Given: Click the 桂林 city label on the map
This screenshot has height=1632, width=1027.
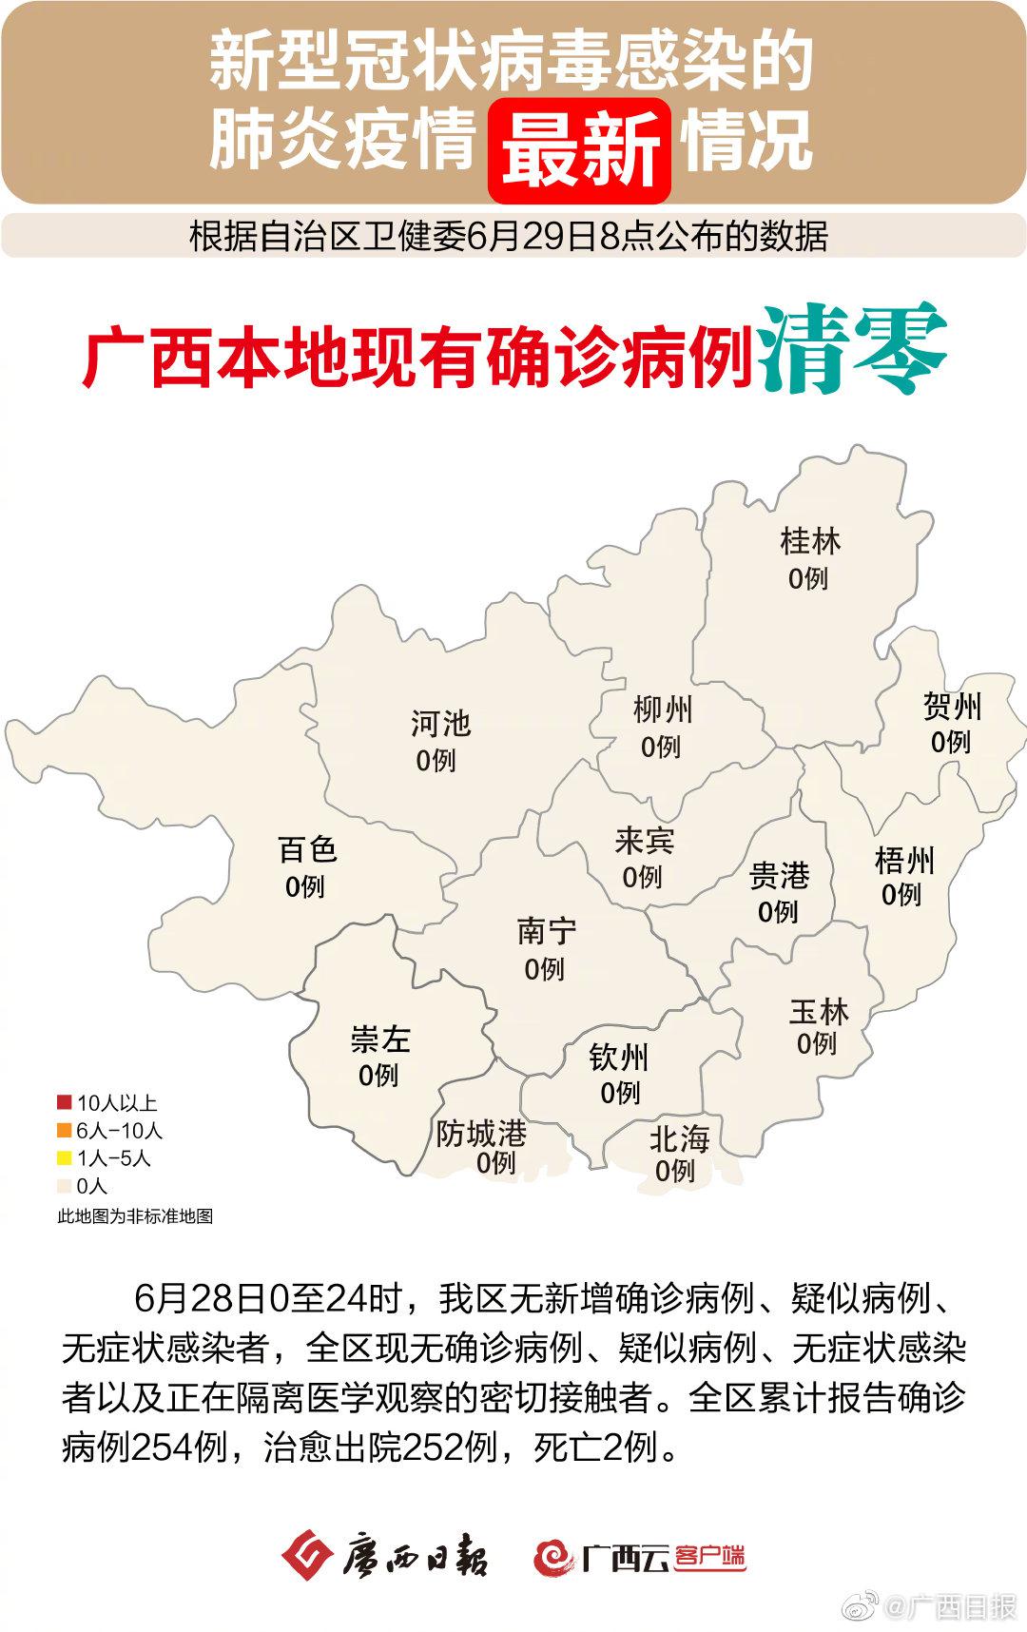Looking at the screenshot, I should point(810,542).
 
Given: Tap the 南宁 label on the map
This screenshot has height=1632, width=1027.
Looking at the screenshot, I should point(547,932).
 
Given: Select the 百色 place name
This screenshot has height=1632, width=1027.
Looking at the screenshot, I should point(307,849).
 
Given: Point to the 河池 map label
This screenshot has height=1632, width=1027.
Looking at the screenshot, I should point(440,724).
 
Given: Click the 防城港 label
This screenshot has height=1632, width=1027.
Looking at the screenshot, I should point(481,1134).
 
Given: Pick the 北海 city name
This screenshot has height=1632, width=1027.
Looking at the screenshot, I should point(679,1139).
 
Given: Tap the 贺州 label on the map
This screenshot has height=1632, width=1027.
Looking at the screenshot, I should point(952,707).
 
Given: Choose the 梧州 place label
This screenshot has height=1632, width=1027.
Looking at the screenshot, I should point(904,861).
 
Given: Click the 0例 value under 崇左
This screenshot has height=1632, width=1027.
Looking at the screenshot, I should point(378,1076).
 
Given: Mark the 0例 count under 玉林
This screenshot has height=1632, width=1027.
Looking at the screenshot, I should point(817,1043).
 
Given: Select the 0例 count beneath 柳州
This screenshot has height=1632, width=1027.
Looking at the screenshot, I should point(661,748).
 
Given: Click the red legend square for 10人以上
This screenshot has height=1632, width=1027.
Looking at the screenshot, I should point(65,1103).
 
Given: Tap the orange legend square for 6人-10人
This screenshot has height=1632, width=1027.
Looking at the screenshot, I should point(65,1131).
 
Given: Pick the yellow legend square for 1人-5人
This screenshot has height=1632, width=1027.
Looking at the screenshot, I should point(65,1158).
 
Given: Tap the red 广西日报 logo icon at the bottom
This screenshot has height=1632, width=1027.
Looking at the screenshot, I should point(306,1556).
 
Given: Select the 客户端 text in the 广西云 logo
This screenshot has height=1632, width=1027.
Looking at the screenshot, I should point(709,1557).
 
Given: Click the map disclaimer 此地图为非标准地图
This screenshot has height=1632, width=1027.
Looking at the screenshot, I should point(135,1216).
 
